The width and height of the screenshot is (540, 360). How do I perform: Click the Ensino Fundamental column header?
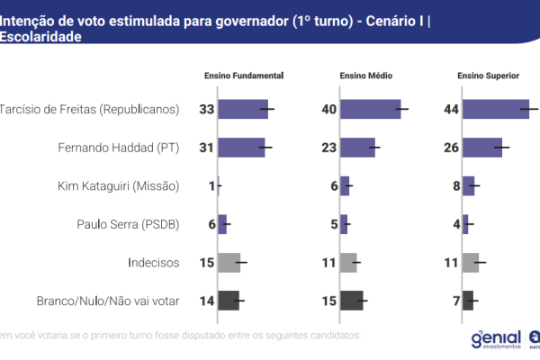[244, 76]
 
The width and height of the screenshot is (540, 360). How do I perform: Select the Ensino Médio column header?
[365, 76]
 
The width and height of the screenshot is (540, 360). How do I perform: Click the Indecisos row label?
[155, 263]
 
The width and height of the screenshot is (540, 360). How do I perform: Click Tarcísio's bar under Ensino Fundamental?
[243, 110]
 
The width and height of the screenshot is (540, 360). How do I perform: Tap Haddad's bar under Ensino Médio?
[357, 148]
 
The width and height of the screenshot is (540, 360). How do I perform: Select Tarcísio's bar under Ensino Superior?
[496, 110]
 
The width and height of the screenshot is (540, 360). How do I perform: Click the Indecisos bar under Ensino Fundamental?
[229, 263]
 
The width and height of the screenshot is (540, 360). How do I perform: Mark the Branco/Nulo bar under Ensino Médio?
[351, 301]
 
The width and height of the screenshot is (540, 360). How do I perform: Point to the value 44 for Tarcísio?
[451, 110]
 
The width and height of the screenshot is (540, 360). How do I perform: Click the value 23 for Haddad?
[328, 148]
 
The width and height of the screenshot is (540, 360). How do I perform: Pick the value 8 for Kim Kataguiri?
[454, 186]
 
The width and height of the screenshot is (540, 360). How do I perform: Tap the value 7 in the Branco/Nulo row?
[454, 301]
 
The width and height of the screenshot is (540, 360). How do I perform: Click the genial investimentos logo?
[495, 338]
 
